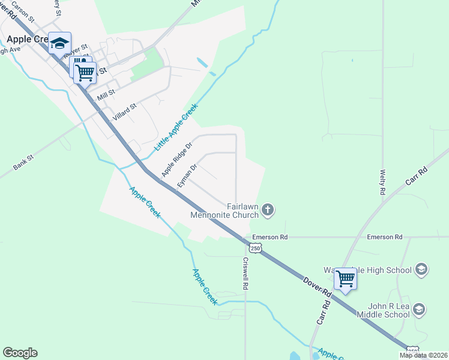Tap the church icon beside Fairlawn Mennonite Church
(268, 210)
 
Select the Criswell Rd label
(246, 274)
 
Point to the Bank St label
(24, 161)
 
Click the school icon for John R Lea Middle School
(419, 310)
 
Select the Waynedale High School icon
(421, 269)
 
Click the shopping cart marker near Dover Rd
(345, 278)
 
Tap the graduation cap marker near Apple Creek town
(59, 43)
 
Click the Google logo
(20, 353)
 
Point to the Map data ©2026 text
(423, 355)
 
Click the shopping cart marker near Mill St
(85, 72)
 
